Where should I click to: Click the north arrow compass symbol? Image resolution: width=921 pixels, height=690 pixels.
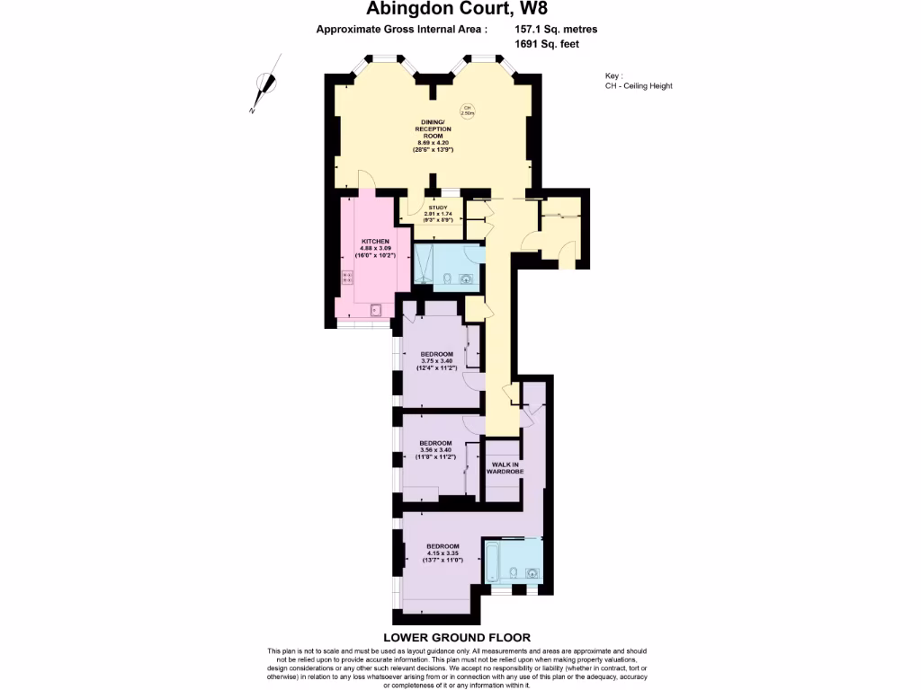point(262,88)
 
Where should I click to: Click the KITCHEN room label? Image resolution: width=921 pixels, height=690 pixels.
point(375,242)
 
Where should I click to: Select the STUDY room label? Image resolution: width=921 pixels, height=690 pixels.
point(437,208)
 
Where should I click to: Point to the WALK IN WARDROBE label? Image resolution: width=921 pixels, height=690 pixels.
point(504,467)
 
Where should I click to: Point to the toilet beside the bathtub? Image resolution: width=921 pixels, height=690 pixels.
point(512,572)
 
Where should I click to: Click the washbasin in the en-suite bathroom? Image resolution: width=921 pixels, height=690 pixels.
point(532,572)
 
